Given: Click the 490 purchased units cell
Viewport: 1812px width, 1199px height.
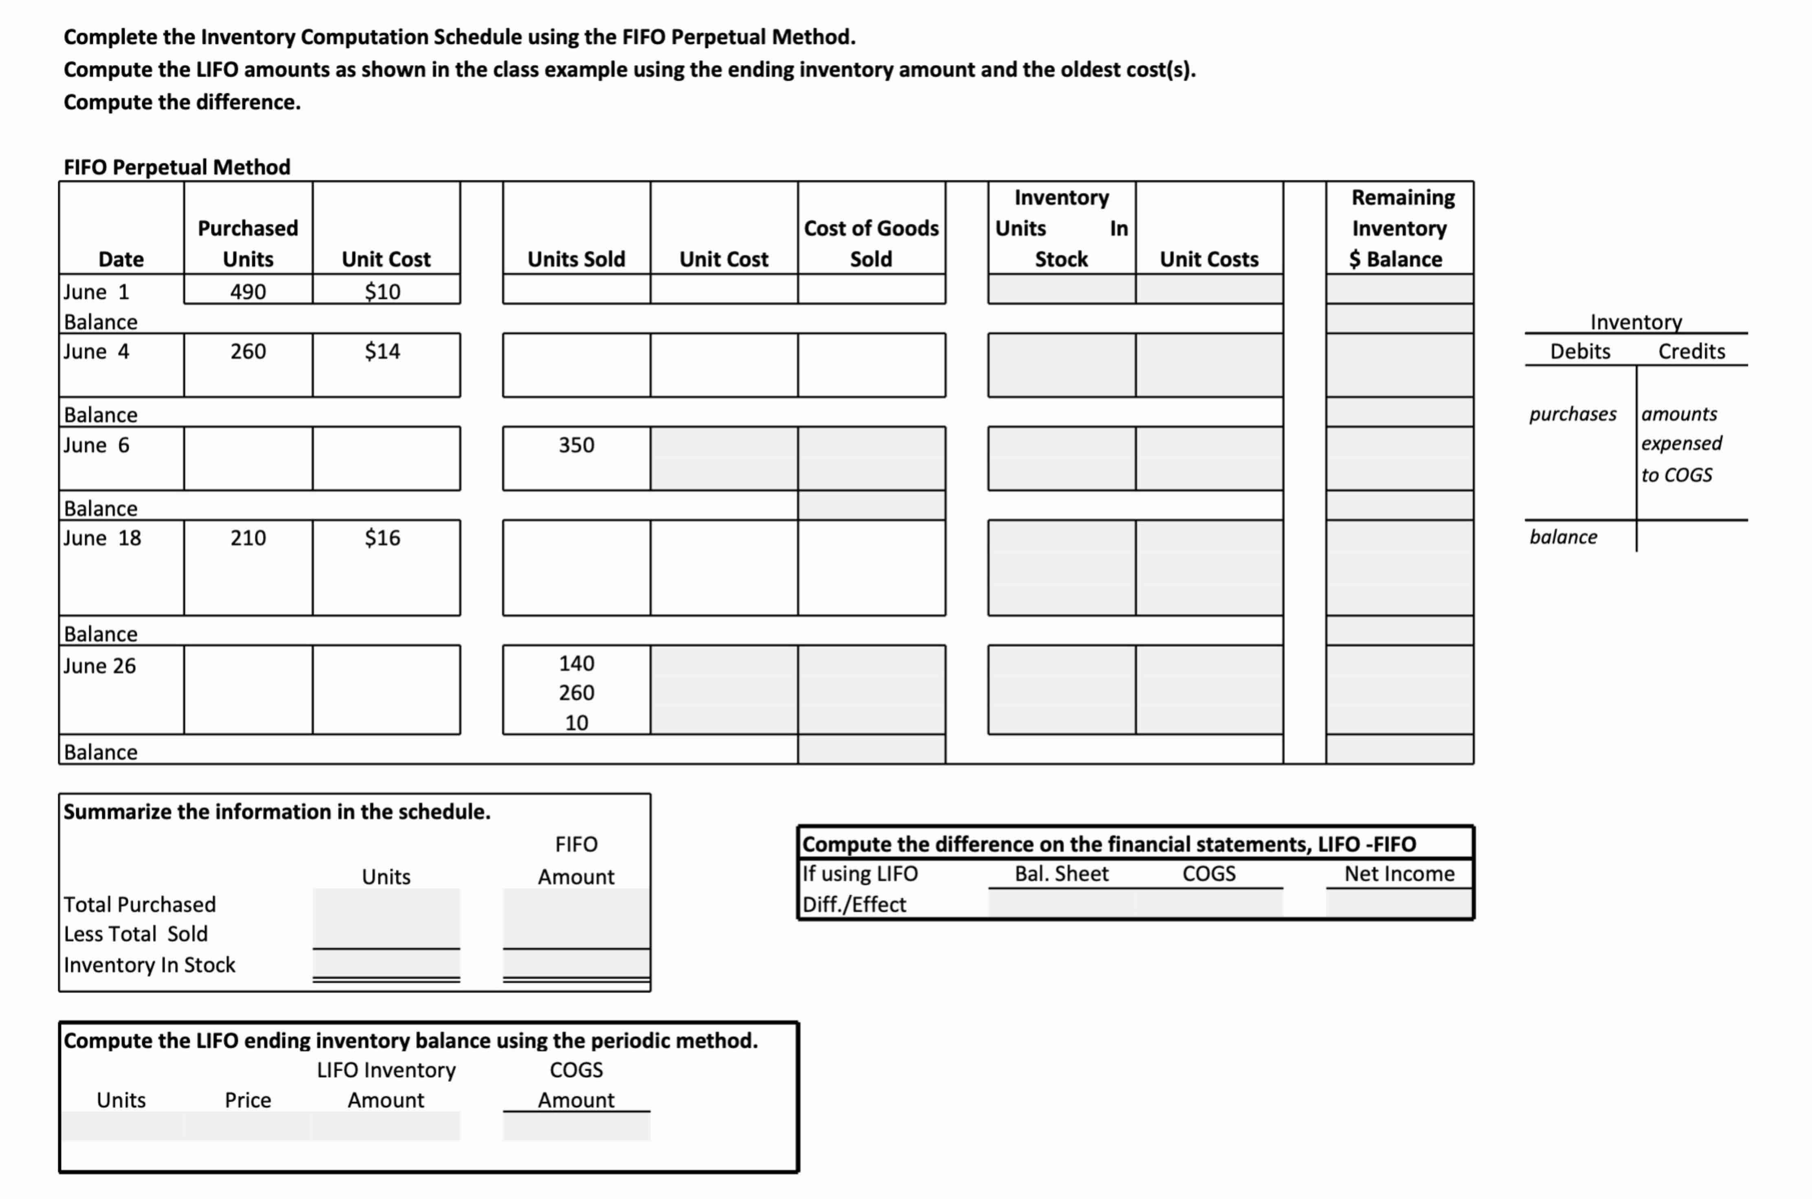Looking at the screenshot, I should pos(248,292).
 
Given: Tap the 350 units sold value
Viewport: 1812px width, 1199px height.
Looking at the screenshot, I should pos(576,445).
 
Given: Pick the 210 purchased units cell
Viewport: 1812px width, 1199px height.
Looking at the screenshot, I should pos(248,537).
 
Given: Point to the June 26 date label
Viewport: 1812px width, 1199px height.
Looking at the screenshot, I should pos(99,666).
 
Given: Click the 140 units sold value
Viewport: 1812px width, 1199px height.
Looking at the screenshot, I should pos(576,663).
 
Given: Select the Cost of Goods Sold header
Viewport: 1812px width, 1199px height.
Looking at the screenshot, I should pos(871,243).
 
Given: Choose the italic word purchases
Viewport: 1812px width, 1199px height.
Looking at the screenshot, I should pos(1573,414).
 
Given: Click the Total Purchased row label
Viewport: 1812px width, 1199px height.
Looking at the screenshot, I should pos(139,905).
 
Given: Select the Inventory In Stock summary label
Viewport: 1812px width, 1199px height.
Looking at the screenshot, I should pos(149,965).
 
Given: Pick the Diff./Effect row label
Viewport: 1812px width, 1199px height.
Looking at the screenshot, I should pos(854,905).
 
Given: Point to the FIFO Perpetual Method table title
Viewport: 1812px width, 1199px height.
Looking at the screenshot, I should pos(177,167).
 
